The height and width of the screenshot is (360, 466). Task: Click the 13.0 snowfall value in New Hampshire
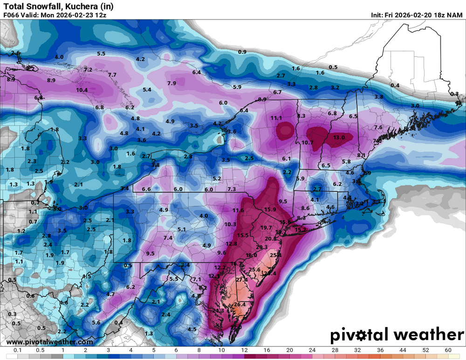click(339, 138)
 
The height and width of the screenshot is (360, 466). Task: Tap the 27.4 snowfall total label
click(242, 280)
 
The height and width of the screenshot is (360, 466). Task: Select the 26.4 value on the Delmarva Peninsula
click(240, 305)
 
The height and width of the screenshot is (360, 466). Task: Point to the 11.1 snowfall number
click(276, 118)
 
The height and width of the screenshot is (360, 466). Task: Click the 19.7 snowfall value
click(266, 228)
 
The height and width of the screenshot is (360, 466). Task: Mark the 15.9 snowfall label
click(270, 209)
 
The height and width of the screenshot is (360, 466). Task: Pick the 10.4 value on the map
click(82, 90)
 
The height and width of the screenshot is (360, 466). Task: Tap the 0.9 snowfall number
click(242, 52)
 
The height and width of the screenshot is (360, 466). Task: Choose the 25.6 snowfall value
click(254, 270)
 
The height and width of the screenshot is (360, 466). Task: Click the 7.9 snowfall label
click(171, 83)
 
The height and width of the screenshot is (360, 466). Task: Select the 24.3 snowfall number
click(218, 311)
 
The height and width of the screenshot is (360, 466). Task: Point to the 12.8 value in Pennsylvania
click(232, 244)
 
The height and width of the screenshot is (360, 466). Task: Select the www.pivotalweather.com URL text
click(49, 342)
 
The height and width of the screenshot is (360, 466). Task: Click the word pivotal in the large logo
click(361, 335)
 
